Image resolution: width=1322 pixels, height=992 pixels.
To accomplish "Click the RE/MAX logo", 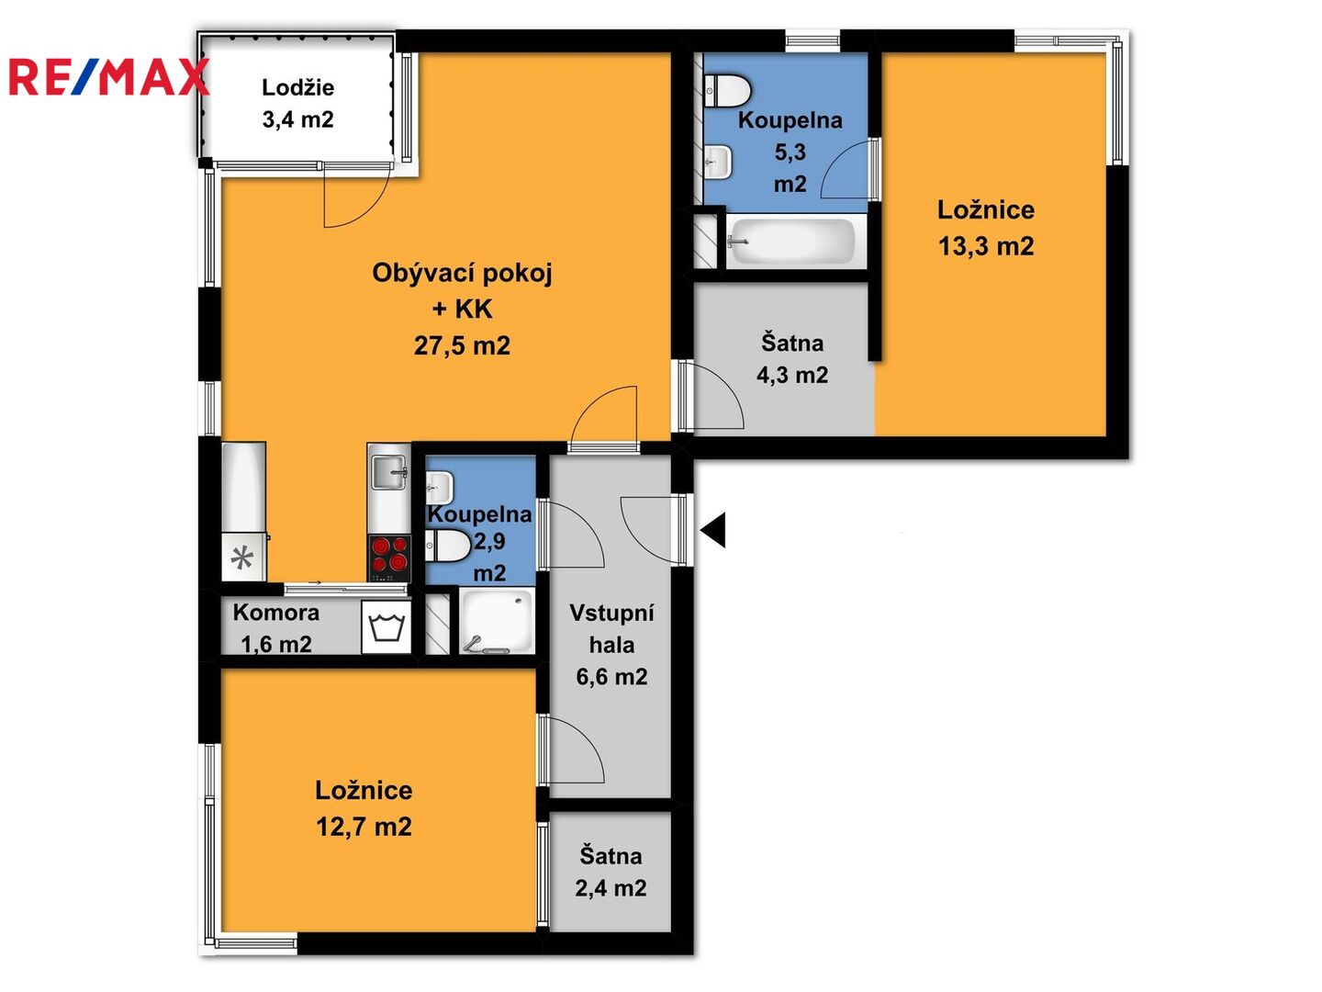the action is (x=108, y=77).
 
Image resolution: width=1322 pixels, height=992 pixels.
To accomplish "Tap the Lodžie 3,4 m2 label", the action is (x=297, y=104).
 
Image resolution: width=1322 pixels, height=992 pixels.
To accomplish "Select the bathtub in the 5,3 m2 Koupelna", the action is (x=790, y=241).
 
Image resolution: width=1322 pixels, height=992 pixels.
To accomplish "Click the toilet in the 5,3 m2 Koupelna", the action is (x=727, y=89).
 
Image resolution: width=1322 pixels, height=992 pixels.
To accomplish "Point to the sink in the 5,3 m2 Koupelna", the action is (x=718, y=162).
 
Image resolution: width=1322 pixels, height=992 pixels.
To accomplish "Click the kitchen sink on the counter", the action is (x=389, y=472).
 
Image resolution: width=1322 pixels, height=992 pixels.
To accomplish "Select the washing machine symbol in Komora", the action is (x=387, y=627).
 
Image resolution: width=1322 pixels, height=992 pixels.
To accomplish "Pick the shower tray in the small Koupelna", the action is (x=497, y=621).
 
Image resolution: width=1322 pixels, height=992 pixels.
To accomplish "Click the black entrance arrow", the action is (x=713, y=530).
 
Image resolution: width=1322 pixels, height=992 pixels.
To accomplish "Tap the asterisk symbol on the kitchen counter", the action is (x=242, y=558).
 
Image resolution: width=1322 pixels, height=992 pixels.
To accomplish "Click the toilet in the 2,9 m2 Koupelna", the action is (x=447, y=545).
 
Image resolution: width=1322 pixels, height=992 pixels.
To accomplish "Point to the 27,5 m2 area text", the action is (x=462, y=345).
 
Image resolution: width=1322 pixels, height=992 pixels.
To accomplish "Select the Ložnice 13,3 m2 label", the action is (x=986, y=228).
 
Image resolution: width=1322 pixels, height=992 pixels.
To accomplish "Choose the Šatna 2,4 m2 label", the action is (x=611, y=873).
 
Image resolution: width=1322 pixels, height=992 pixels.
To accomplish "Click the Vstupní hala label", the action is (x=612, y=629).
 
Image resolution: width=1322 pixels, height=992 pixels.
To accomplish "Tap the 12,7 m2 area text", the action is (x=364, y=827).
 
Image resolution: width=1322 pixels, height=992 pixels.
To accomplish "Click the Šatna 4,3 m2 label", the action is (x=792, y=359).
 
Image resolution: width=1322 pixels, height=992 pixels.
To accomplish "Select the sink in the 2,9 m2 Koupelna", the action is (x=439, y=487).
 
